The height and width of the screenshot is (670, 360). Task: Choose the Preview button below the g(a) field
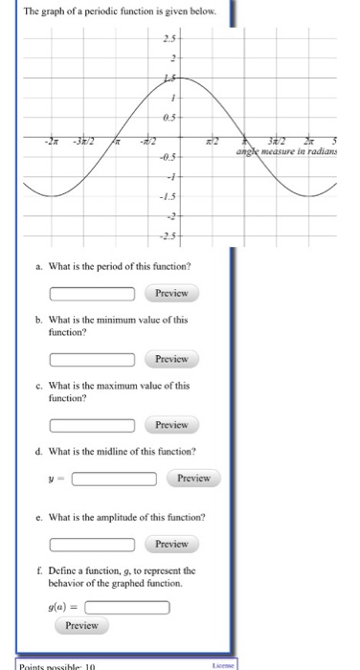point(81,625)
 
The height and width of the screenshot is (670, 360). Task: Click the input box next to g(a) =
point(127,606)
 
